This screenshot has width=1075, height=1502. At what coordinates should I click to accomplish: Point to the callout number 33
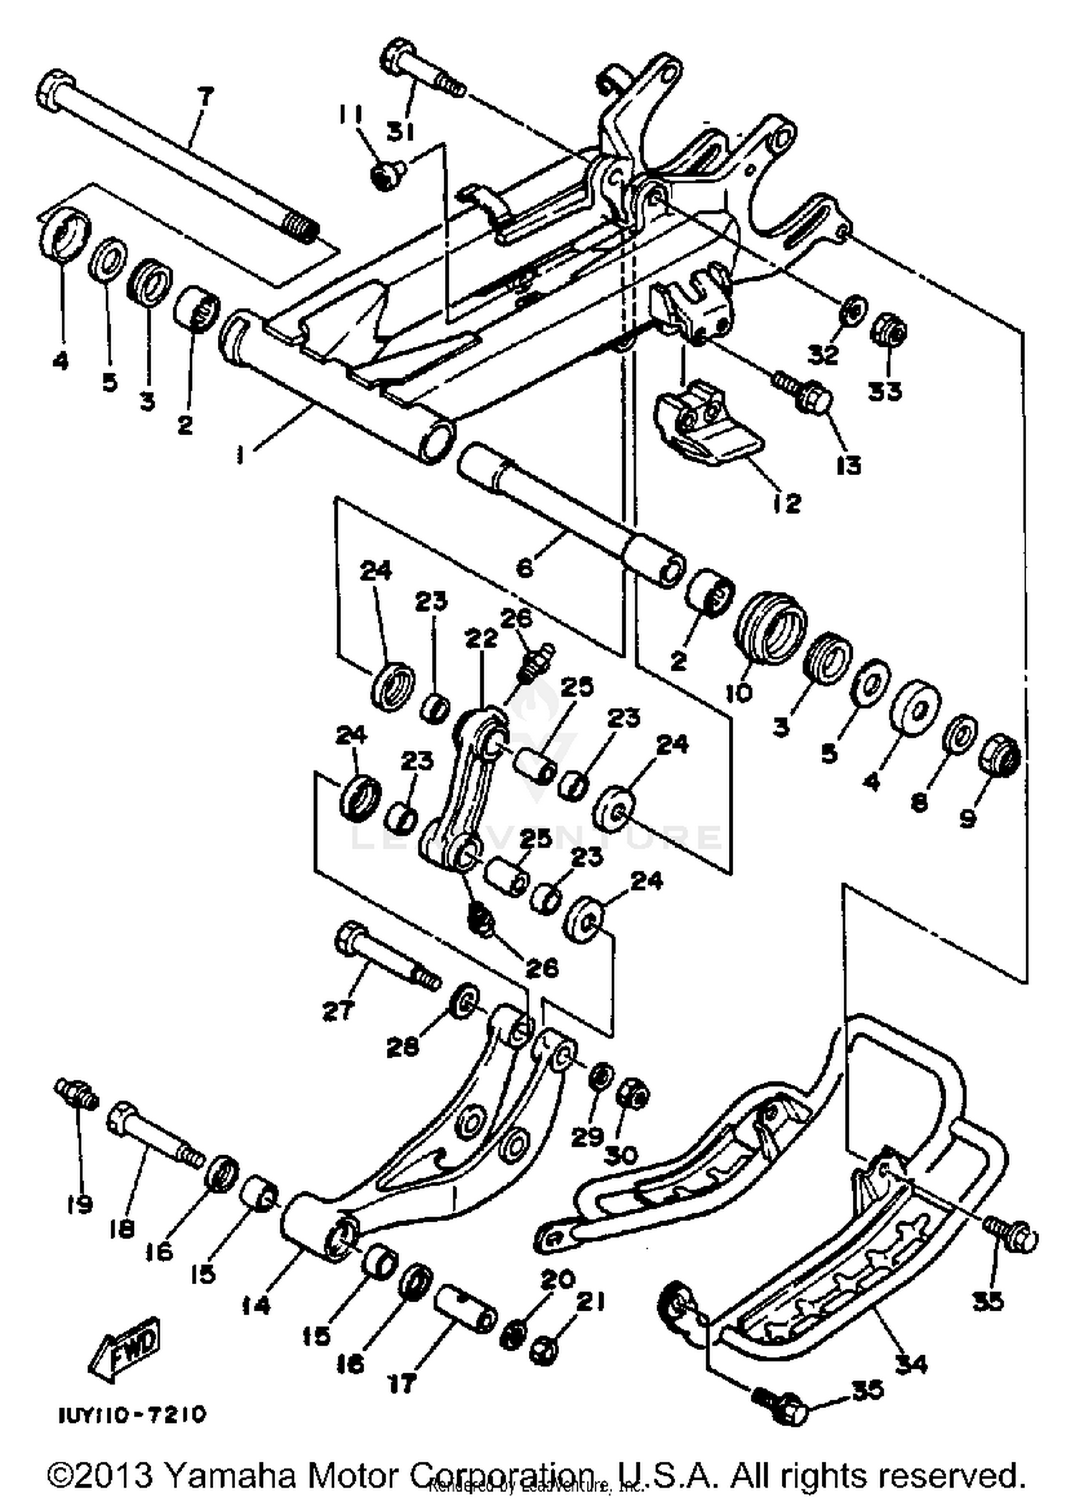(x=885, y=391)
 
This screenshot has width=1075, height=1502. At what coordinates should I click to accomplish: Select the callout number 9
(x=967, y=818)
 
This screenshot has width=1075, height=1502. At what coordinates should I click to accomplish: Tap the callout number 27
(x=338, y=1011)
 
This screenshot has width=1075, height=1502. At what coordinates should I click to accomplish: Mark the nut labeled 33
(x=889, y=332)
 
